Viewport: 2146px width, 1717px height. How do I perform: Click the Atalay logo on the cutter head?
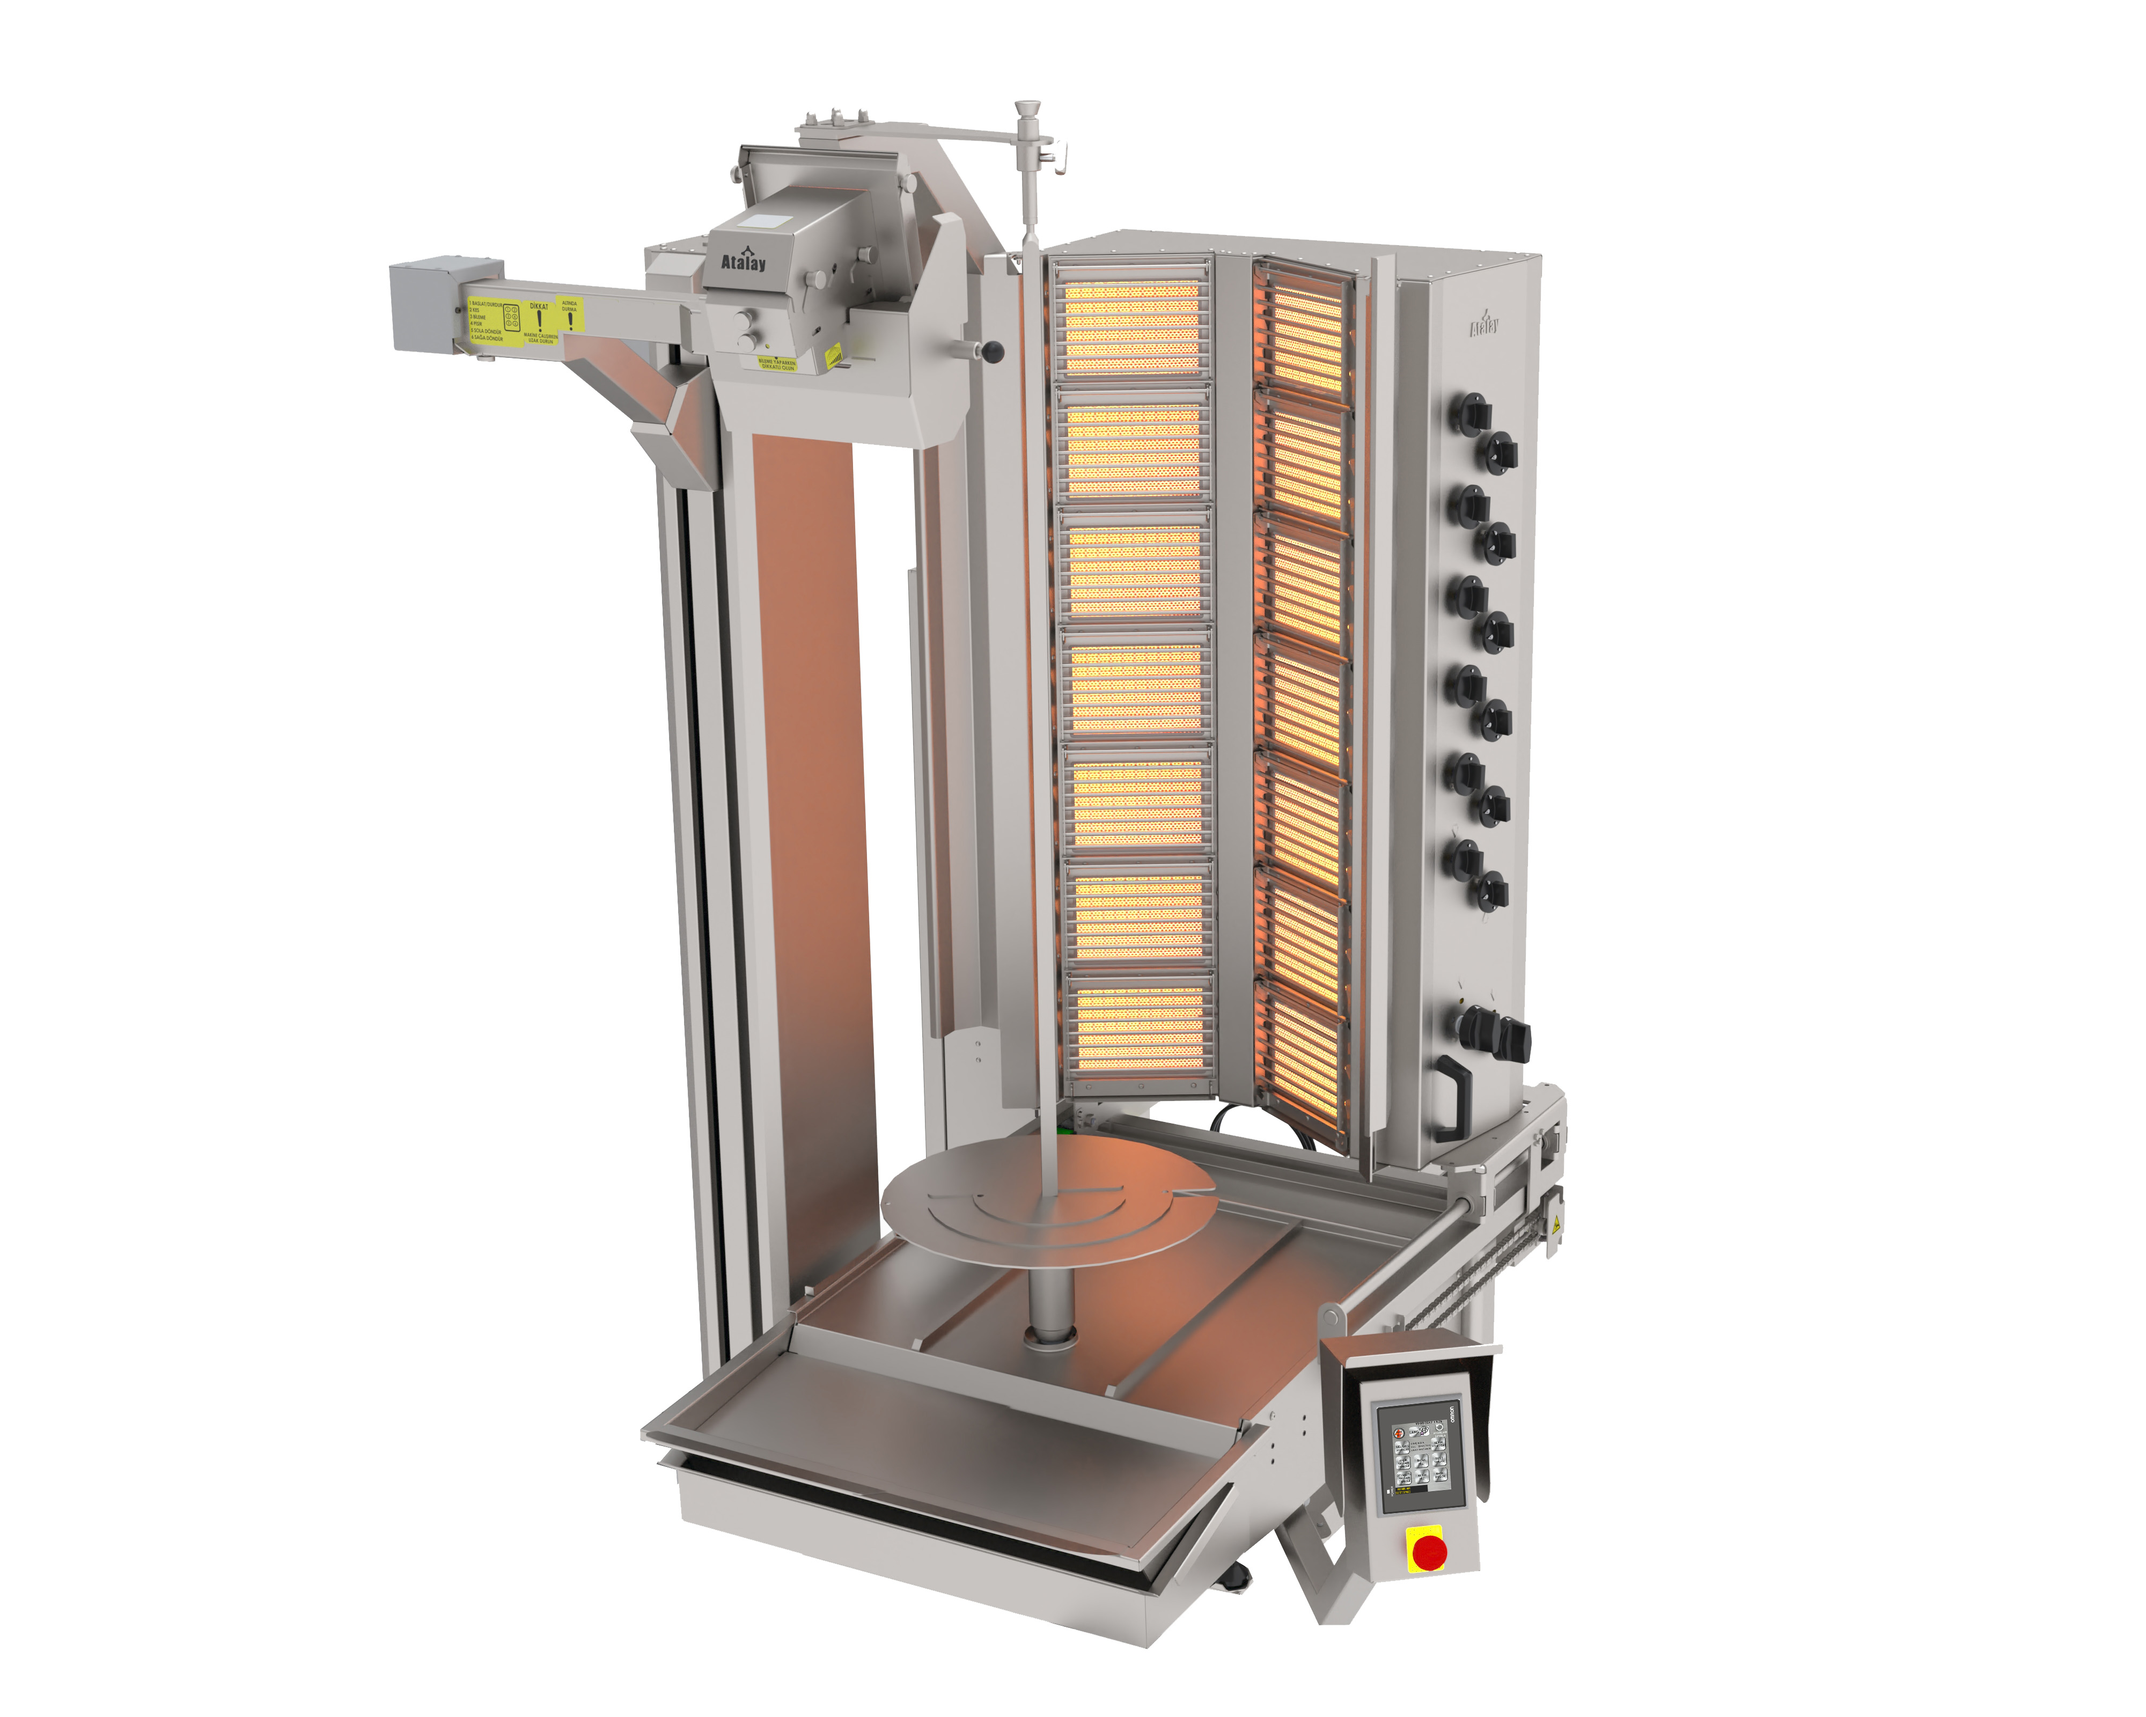[744, 261]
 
